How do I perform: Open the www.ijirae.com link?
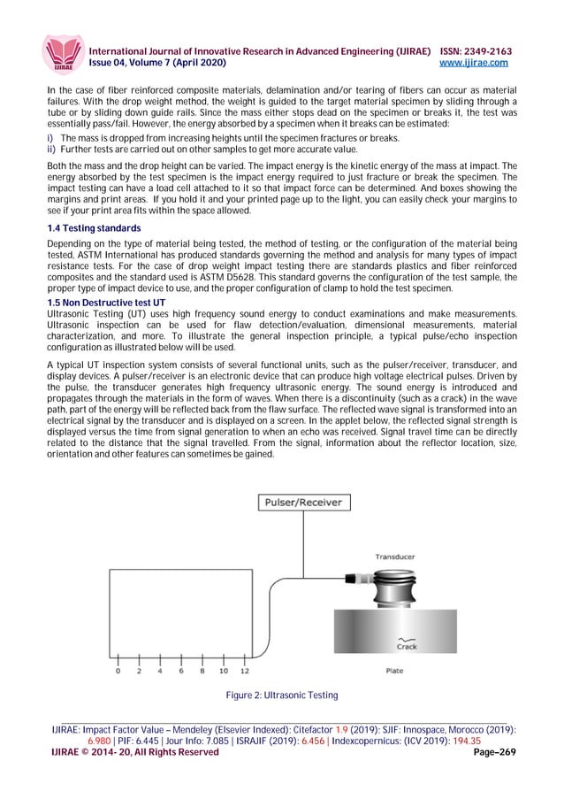pos(476,64)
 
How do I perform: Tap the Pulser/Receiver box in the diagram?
pos(302,503)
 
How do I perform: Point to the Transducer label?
pos(395,557)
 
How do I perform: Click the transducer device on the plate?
pos(395,586)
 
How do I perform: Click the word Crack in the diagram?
pos(408,647)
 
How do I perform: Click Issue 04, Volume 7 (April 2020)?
pos(155,64)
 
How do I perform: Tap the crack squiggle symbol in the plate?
pos(408,638)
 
